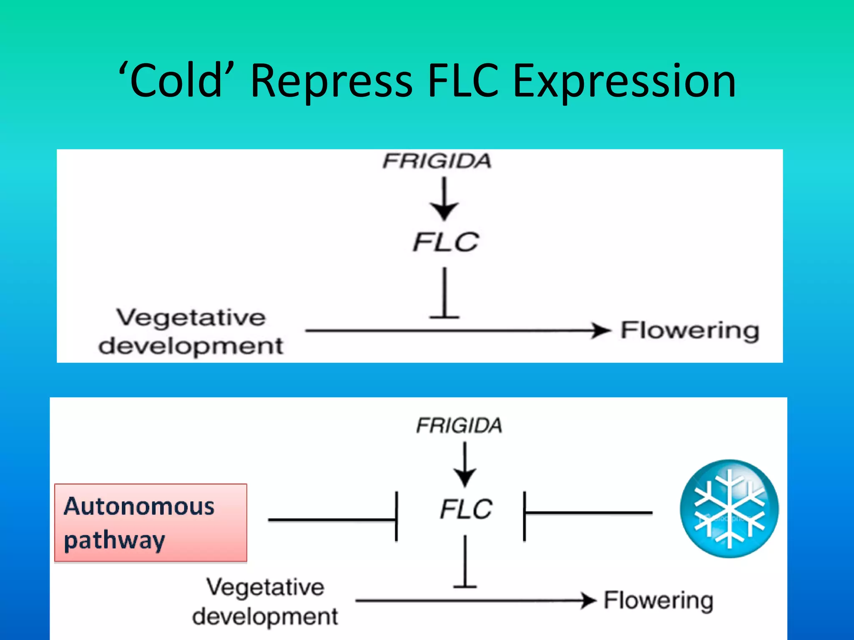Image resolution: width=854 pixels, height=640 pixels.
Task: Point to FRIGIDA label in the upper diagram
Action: point(437,161)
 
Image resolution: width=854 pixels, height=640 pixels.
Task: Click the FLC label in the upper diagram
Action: point(445,242)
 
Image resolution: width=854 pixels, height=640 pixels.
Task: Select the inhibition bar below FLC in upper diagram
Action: point(445,294)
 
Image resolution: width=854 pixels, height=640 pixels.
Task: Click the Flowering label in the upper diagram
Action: point(690,331)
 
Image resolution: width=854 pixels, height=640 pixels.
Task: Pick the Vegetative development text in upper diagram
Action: point(191,332)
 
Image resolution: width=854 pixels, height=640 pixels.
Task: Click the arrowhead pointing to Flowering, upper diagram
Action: point(600,330)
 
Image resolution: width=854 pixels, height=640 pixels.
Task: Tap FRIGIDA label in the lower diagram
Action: point(459,425)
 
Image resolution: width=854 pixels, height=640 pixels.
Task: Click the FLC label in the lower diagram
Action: point(466,509)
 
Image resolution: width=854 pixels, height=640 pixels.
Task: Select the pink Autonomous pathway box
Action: point(151,523)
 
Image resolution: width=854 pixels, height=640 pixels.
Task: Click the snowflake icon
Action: point(729,509)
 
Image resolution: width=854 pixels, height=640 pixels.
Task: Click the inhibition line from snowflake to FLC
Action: point(588,512)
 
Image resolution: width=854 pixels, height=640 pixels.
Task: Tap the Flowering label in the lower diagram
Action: point(658,600)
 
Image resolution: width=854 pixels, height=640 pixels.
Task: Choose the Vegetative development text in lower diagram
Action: point(265,602)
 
